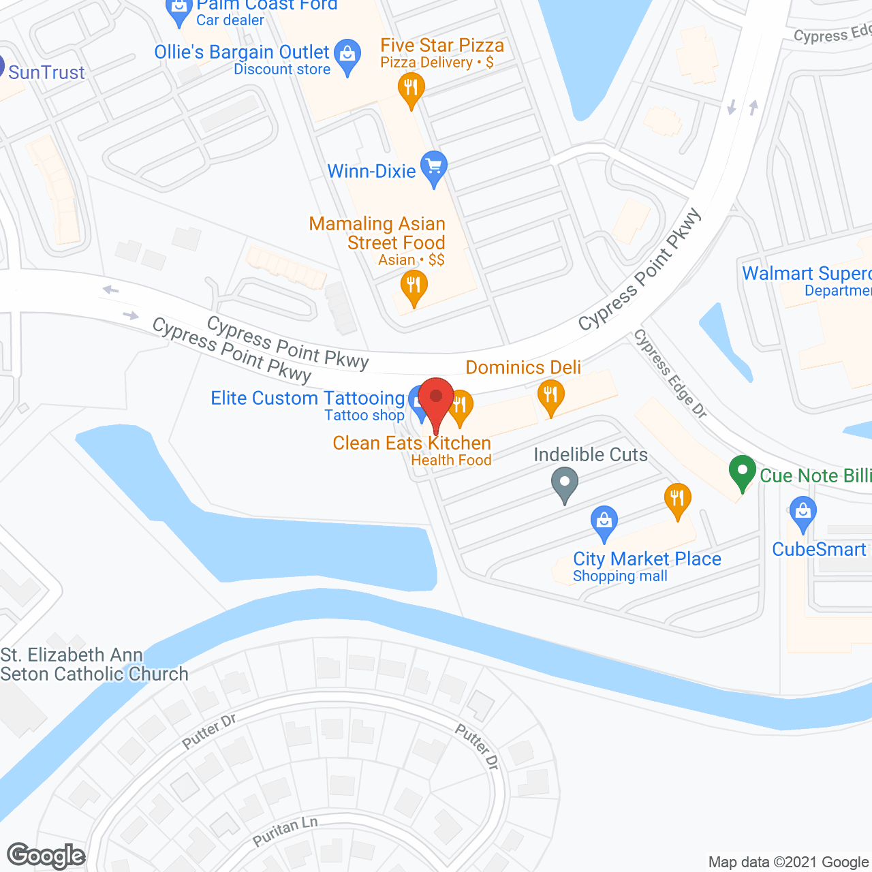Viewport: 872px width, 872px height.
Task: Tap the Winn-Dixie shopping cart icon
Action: tap(433, 168)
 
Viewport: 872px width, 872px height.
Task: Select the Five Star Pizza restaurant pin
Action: tap(411, 89)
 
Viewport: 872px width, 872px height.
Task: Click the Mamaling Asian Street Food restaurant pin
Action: tap(414, 287)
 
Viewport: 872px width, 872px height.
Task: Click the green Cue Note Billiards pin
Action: tap(742, 471)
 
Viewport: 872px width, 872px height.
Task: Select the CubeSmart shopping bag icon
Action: tap(803, 512)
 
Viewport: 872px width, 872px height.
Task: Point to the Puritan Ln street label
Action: tap(285, 831)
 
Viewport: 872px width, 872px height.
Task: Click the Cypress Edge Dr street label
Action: tap(670, 373)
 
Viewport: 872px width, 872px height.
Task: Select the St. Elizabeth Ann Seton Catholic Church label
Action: tap(94, 664)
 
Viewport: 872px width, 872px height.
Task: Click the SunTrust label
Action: tap(46, 72)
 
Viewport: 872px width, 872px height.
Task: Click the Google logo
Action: tap(46, 856)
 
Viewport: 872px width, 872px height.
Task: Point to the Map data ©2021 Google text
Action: tap(788, 862)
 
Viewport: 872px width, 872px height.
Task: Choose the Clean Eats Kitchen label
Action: tap(411, 443)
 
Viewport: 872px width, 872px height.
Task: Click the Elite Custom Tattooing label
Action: tap(308, 399)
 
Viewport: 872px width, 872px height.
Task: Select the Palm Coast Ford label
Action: tap(266, 5)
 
